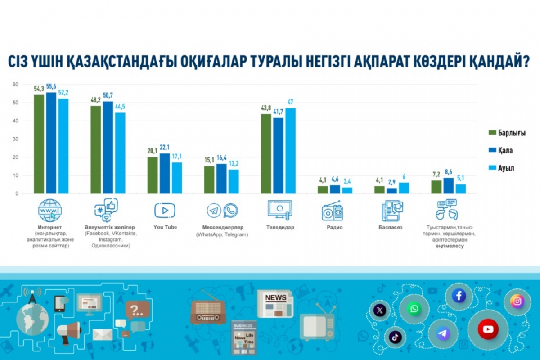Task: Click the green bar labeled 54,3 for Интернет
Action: (39, 144)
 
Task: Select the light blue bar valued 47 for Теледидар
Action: (290, 151)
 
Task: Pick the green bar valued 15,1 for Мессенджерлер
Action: (209, 180)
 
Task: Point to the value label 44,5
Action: (120, 106)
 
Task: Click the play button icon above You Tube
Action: (165, 210)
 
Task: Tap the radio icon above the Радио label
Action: (333, 211)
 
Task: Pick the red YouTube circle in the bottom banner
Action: (488, 329)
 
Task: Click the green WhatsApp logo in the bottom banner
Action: (414, 309)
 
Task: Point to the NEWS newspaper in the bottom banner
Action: (275, 303)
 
